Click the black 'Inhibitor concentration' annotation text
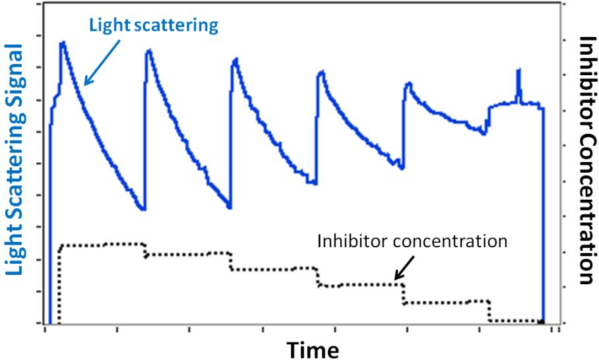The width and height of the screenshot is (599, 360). tap(412, 241)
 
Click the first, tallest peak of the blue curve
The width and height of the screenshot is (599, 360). tap(63, 43)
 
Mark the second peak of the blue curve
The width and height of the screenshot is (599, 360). tap(148, 50)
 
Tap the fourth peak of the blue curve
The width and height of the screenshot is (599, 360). tap(321, 71)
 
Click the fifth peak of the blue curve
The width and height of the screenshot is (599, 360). tap(409, 83)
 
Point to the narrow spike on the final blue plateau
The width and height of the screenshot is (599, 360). tap(519, 70)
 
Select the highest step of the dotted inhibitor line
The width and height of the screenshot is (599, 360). tap(102, 245)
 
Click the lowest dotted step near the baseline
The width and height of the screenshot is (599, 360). tap(515, 321)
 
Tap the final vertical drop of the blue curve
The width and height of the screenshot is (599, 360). tap(543, 218)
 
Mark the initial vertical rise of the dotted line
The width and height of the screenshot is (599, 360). tap(59, 284)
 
